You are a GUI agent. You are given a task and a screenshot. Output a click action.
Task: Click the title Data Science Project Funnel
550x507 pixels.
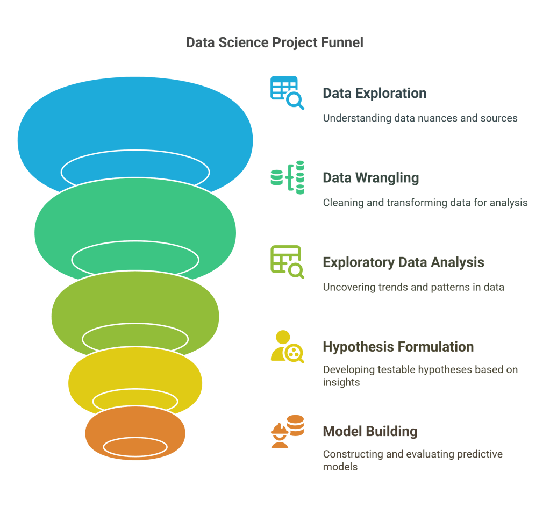[274, 42]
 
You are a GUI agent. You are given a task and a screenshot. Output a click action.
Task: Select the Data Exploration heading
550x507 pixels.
[374, 93]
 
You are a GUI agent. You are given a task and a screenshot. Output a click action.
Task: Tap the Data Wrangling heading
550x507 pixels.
[370, 177]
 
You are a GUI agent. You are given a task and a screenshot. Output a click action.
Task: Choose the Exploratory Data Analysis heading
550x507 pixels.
[403, 262]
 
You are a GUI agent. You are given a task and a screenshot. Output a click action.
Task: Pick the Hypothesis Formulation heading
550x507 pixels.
[398, 347]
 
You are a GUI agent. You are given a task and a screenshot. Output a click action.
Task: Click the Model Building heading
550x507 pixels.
[370, 431]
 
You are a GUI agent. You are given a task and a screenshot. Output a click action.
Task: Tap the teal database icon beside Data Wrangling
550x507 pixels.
[287, 177]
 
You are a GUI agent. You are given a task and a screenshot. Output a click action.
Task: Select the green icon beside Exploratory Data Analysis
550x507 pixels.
[287, 262]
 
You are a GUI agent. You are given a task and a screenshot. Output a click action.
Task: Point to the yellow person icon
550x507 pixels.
[287, 346]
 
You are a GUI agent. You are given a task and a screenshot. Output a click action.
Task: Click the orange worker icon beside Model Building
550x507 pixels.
[287, 431]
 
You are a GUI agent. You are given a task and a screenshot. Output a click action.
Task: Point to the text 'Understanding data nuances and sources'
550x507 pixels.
[420, 118]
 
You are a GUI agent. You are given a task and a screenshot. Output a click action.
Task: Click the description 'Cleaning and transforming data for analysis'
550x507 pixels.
[425, 203]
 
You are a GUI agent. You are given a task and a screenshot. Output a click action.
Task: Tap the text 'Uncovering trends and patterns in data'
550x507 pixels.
[413, 287]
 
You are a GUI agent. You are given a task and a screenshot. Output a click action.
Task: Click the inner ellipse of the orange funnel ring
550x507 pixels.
[135, 447]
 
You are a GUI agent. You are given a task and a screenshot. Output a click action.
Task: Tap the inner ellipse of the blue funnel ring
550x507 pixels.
[135, 171]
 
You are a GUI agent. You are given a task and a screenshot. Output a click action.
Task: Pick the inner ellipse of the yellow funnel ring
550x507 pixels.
[135, 400]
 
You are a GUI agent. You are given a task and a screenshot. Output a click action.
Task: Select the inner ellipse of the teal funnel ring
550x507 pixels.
[135, 260]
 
